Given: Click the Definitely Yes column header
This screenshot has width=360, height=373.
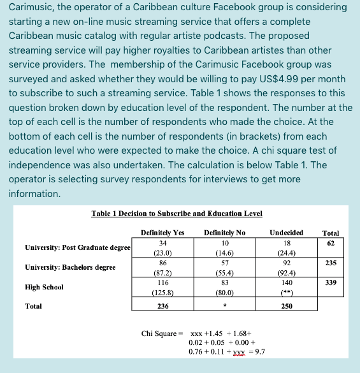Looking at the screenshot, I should [x=162, y=233].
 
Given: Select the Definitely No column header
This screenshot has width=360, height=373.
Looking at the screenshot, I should [x=224, y=233].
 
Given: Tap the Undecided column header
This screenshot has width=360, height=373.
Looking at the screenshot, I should [x=286, y=233].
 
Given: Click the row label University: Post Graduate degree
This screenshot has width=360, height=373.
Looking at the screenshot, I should [x=78, y=247].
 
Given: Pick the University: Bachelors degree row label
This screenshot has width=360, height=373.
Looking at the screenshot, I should [x=70, y=267].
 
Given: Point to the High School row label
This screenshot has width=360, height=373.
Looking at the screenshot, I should [x=44, y=287].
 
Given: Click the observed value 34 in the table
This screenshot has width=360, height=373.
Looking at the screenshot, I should [x=162, y=243].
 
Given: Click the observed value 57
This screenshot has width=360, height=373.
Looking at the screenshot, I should [x=224, y=263].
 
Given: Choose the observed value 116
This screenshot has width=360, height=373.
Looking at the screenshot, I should [x=162, y=282].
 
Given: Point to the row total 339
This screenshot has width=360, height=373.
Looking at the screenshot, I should [x=331, y=282].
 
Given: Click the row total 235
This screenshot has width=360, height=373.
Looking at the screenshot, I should [x=331, y=263].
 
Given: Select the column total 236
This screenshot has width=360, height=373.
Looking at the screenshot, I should [x=162, y=307].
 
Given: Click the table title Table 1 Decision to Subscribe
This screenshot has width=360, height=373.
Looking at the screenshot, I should [x=176, y=214].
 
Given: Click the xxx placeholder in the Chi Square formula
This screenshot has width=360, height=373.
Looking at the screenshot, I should [x=198, y=333].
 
